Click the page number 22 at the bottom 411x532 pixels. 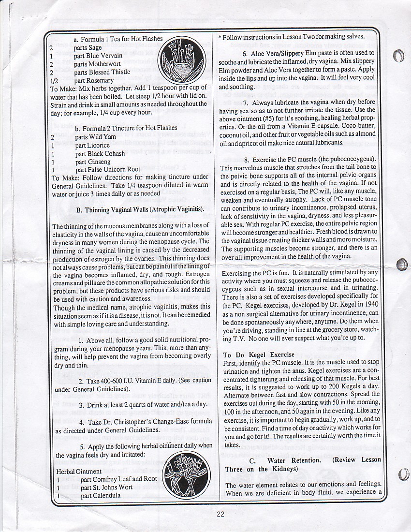[x=220, y=514]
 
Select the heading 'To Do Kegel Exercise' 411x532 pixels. [x=259, y=355]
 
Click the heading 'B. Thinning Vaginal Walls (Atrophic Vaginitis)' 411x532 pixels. [x=140, y=209]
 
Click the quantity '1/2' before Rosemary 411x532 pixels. [x=54, y=80]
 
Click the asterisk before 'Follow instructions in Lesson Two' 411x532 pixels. [x=220, y=37]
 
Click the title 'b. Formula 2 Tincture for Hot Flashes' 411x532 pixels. [x=126, y=128]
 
